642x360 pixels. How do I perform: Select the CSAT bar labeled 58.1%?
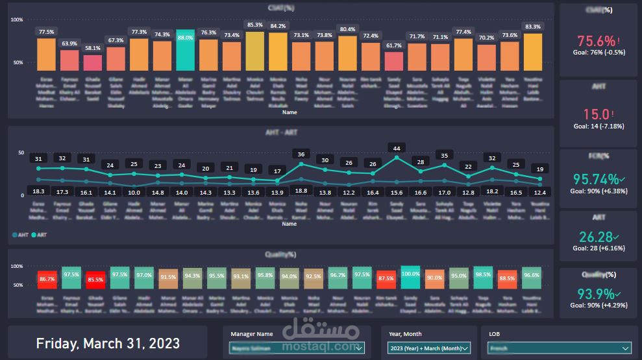(x=93, y=62)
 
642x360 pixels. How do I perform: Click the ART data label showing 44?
(x=395, y=147)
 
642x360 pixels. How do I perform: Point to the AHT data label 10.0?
(x=134, y=192)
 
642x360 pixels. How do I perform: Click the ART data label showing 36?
(x=301, y=154)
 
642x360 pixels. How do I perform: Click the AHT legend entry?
(x=21, y=235)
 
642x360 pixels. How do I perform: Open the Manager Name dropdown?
(x=297, y=348)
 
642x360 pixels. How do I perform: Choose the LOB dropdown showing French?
(x=560, y=348)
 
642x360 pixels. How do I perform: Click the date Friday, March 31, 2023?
(x=108, y=343)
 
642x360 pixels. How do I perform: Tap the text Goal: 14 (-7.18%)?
(x=598, y=126)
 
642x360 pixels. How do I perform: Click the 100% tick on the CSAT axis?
(x=17, y=20)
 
